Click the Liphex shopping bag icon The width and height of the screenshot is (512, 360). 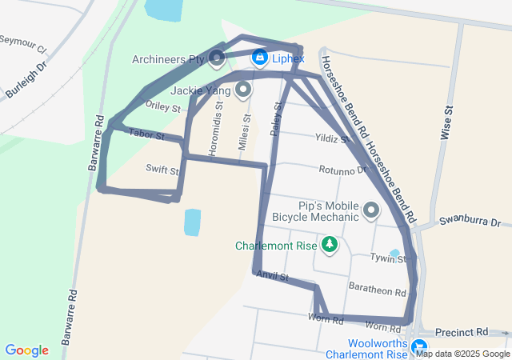click(260, 58)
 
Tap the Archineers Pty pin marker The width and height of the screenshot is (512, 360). click(218, 58)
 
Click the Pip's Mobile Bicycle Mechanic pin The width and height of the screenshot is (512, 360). click(371, 211)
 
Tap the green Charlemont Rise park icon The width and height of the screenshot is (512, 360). click(329, 243)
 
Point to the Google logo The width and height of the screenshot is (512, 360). click(26, 350)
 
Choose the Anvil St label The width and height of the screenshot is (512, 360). click(272, 278)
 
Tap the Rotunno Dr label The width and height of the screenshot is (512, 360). click(343, 170)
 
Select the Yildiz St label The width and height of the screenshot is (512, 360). click(331, 138)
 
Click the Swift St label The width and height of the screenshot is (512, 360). click(162, 170)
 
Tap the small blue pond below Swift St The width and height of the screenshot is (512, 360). click(192, 222)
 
